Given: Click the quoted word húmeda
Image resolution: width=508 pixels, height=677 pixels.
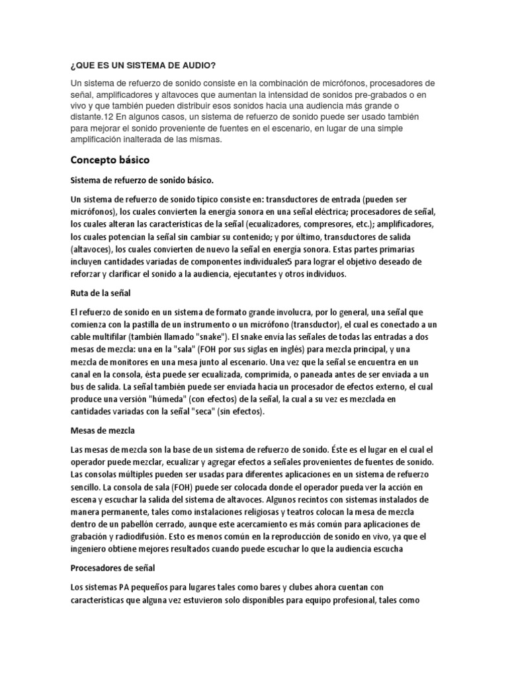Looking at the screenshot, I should click(200, 399).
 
